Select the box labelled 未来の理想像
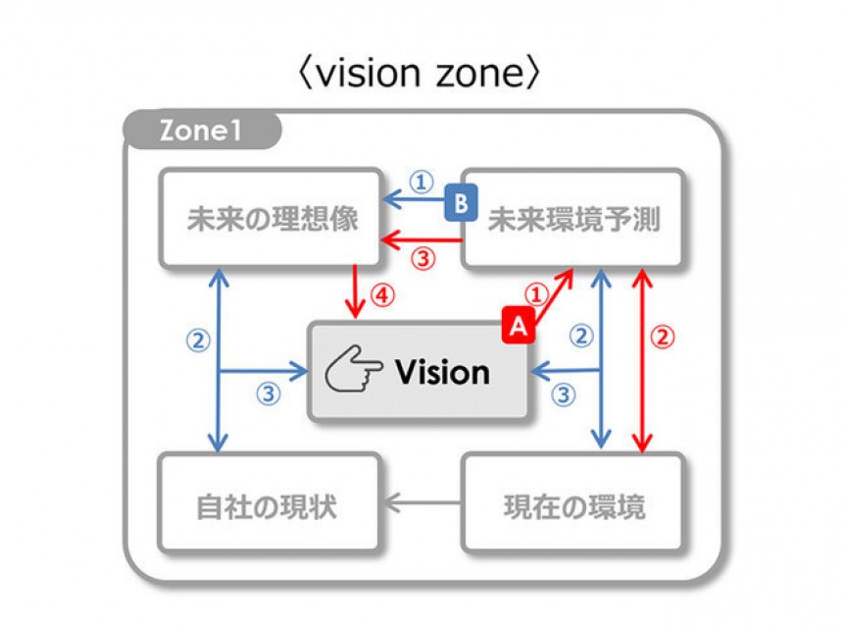pos(272,218)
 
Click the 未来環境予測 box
pos(573,218)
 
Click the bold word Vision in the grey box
pos(442,372)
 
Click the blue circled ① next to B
pos(420,182)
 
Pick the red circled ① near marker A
pos(536,293)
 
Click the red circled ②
pos(664,337)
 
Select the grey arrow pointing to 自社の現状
pos(421,504)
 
